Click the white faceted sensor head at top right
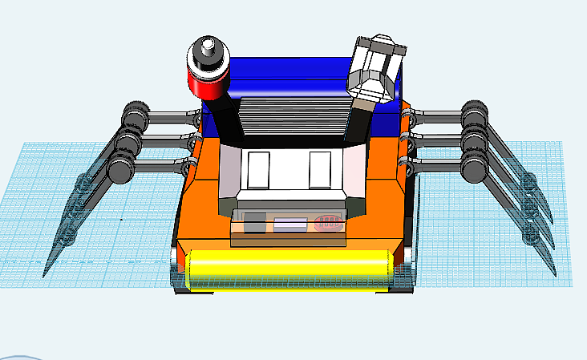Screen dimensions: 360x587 point(374,67)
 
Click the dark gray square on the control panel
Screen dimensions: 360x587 point(254,224)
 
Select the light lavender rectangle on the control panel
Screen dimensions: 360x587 point(290,224)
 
